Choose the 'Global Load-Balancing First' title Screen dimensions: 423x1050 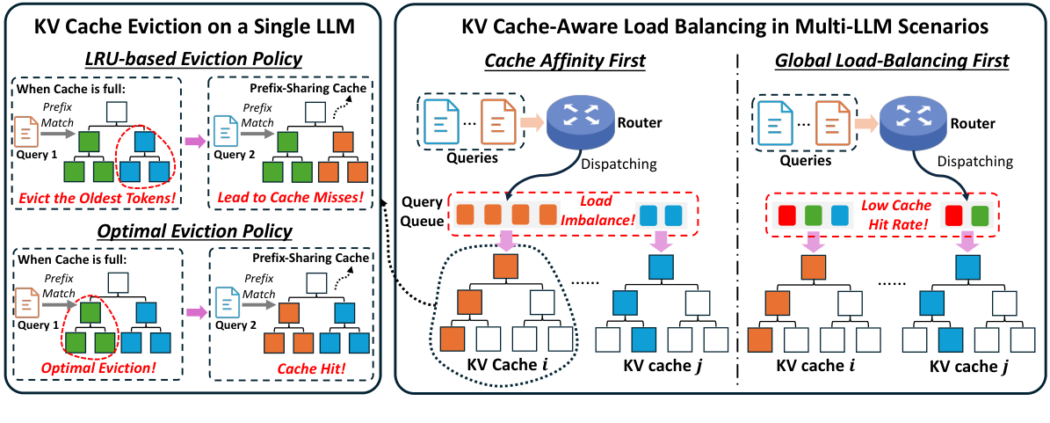pos(892,62)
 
